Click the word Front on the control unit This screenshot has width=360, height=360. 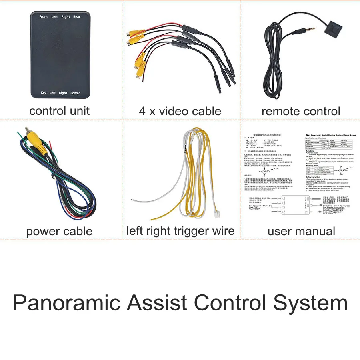[x=44, y=17]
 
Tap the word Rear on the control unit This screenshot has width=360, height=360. [x=77, y=17]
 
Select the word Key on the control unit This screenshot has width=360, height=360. [x=44, y=93]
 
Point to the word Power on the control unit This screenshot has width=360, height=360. [x=75, y=93]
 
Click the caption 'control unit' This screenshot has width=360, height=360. [x=60, y=111]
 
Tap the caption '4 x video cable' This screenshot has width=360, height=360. [x=180, y=111]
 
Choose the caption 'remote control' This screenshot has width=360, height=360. [x=301, y=111]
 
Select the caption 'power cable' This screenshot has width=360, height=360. [x=59, y=231]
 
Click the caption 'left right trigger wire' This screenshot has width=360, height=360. [x=180, y=231]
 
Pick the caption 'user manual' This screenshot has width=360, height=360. [x=301, y=231]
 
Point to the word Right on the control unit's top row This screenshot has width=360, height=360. [x=66, y=17]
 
